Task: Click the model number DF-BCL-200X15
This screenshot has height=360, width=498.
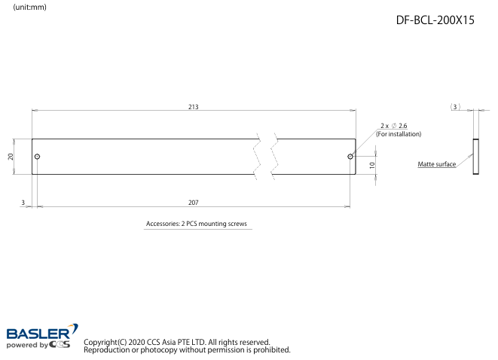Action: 435,21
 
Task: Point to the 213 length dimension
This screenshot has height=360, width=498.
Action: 194,107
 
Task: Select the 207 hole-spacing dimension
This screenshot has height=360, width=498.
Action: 194,203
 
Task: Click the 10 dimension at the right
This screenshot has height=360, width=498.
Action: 372,165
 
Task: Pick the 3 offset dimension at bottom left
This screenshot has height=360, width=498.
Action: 23,203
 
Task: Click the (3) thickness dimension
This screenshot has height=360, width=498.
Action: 455,107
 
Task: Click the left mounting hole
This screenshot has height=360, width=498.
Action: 37,157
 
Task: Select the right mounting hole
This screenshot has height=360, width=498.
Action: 350,157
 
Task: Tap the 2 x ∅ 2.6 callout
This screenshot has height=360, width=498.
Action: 393,125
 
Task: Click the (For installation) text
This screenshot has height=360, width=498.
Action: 399,134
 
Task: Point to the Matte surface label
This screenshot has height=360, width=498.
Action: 436,164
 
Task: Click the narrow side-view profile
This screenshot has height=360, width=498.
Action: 475,157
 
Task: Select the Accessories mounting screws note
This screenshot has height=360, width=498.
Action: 197,224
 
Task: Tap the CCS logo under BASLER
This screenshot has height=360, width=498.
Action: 60,345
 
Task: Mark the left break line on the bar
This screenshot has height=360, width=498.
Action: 258,157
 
